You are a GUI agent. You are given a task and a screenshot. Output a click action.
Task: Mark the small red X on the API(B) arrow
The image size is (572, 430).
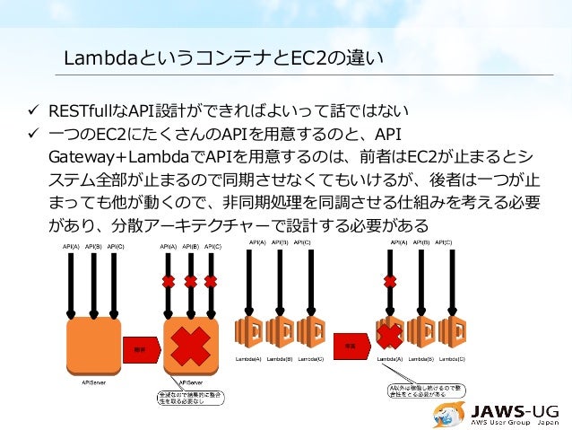pos(190,281)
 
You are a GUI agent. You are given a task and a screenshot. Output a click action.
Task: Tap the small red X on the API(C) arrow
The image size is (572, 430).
pos(212,281)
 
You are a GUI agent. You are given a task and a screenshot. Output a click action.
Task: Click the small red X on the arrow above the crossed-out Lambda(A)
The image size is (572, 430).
pos(390,281)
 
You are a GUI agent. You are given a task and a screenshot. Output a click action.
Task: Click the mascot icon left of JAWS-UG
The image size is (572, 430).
pos(451,411)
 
